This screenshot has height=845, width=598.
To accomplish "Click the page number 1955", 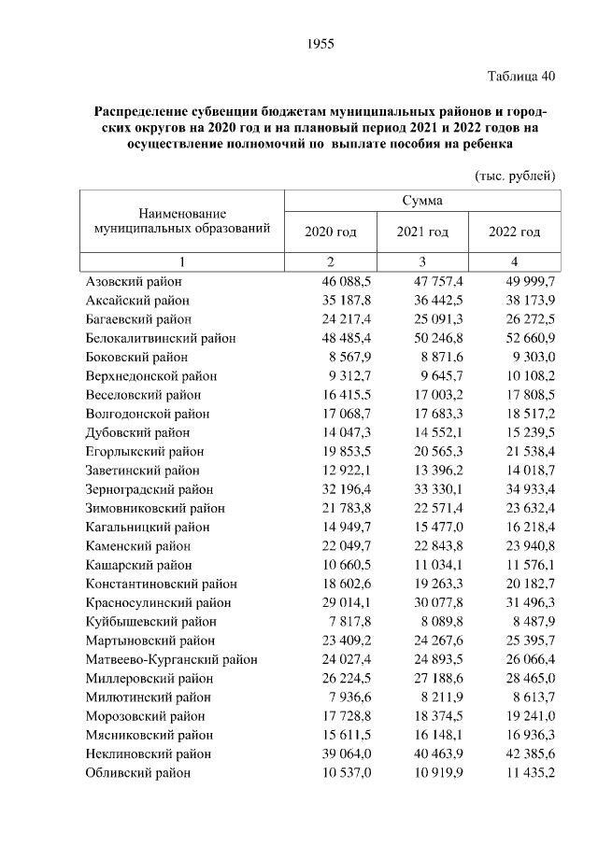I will coord(320,44).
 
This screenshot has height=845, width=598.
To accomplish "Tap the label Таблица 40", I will coord(521,77).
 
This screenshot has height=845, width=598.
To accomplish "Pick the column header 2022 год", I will coord(515,232).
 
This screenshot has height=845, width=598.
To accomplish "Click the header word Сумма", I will coord(422,200).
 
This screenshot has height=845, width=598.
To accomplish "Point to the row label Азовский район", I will coord(134,280).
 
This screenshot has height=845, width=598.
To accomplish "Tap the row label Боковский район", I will coord(136,357).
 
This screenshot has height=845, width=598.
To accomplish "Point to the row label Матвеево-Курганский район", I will coord(171,659).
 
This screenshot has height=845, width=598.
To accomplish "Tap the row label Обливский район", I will coord(137,772).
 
